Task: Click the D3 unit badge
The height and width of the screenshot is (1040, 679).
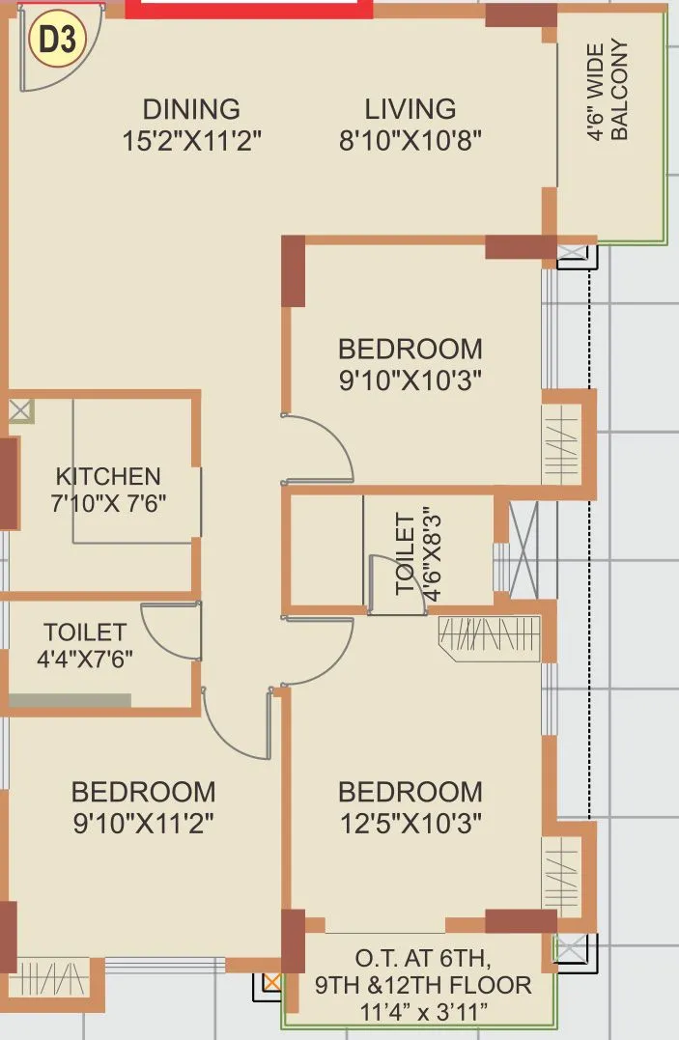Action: (x=58, y=40)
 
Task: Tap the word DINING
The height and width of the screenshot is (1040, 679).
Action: (x=191, y=109)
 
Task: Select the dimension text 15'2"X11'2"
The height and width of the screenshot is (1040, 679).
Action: (x=191, y=140)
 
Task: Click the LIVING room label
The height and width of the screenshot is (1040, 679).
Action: (x=410, y=109)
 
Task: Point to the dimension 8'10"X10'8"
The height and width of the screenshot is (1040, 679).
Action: (x=410, y=140)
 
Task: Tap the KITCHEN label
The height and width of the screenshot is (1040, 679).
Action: (x=108, y=476)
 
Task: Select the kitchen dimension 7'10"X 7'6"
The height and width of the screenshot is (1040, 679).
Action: (x=108, y=503)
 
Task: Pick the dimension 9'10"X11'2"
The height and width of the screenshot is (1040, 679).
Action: (x=143, y=823)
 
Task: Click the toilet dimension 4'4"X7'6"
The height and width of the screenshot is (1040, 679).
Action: (x=85, y=660)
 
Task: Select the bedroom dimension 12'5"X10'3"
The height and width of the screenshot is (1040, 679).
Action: (x=410, y=823)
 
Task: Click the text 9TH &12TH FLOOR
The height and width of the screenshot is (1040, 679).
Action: (x=422, y=986)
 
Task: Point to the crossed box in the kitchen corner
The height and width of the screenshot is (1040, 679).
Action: (x=20, y=410)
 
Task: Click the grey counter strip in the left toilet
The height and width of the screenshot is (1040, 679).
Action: (x=70, y=700)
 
